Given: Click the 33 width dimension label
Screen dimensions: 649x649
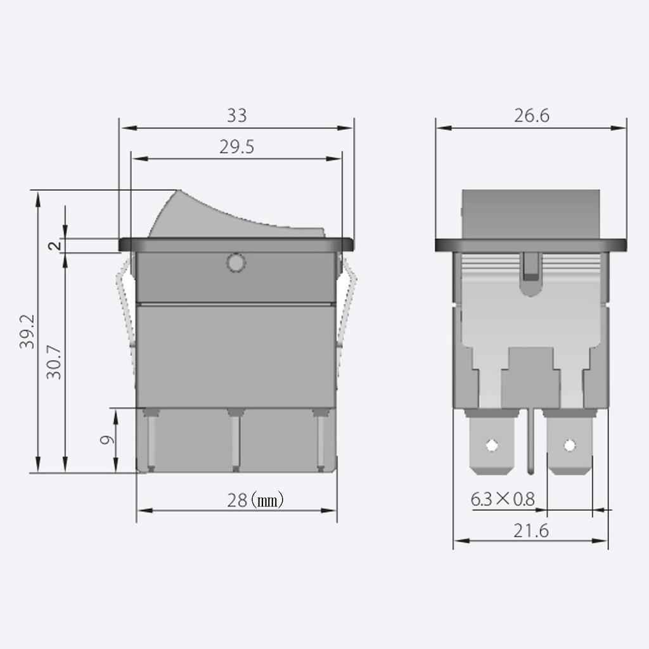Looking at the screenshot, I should [237, 116].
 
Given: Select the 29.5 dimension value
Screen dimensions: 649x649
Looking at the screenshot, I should [237, 147].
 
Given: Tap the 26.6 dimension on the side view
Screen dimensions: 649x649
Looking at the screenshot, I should [532, 115].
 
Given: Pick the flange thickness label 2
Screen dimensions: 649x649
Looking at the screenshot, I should [55, 245].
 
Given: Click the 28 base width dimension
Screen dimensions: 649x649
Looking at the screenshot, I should [237, 501].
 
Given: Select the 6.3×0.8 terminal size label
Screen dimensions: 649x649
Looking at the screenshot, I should [503, 499].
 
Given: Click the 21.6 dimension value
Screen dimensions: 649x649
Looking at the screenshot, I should [531, 530].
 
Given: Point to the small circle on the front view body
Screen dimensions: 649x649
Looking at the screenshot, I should [235, 262].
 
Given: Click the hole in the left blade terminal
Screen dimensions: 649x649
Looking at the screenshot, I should [491, 446].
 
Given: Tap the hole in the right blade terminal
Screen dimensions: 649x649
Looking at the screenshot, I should [569, 446].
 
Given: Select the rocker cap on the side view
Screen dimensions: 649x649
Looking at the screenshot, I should [531, 214].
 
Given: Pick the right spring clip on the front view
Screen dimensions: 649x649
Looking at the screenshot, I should [345, 311].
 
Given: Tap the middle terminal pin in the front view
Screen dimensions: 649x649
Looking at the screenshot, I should [236, 440].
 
